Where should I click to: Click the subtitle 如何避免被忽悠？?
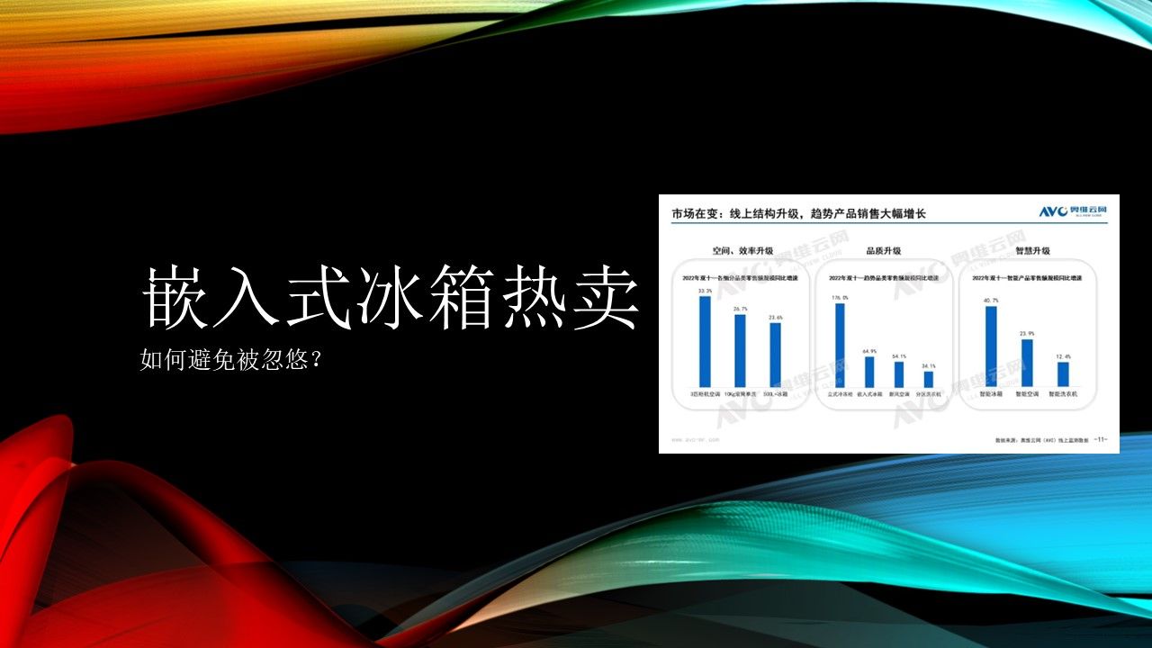click(232, 361)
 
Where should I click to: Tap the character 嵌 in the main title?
click(173, 295)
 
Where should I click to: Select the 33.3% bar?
click(705, 342)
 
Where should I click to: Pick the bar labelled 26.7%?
click(740, 351)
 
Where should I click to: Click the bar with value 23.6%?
click(775, 355)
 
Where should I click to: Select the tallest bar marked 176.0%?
click(840, 346)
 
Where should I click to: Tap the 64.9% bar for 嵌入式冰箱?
click(869, 372)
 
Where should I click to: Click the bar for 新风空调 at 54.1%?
click(899, 374)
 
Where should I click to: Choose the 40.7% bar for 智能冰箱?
click(991, 347)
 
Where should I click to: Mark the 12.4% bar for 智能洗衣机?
click(1063, 374)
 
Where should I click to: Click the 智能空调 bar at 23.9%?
click(1027, 363)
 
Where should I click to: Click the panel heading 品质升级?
click(883, 251)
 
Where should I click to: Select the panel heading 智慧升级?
click(1032, 251)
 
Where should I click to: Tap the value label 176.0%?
click(841, 298)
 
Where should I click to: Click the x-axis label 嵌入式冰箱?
click(869, 395)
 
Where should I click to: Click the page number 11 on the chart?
click(1101, 440)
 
